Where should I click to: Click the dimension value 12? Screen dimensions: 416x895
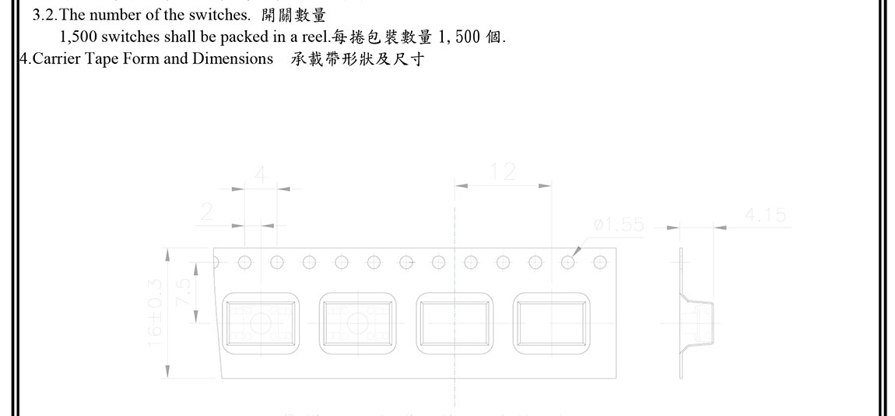coord(504,171)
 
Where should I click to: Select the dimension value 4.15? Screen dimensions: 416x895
coord(765,215)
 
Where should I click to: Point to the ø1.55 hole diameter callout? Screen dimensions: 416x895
coord(619,225)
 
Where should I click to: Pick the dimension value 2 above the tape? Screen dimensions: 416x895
coord(207,213)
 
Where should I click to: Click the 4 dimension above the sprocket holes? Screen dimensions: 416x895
coord(261,175)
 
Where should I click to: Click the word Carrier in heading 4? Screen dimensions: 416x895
coord(55,59)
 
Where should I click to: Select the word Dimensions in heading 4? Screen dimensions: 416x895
coord(233,59)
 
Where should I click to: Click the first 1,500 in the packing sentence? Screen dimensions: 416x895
coord(79,37)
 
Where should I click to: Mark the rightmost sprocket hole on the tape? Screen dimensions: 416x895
coord(599,263)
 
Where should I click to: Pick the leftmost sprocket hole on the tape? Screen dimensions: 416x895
coord(244,263)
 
